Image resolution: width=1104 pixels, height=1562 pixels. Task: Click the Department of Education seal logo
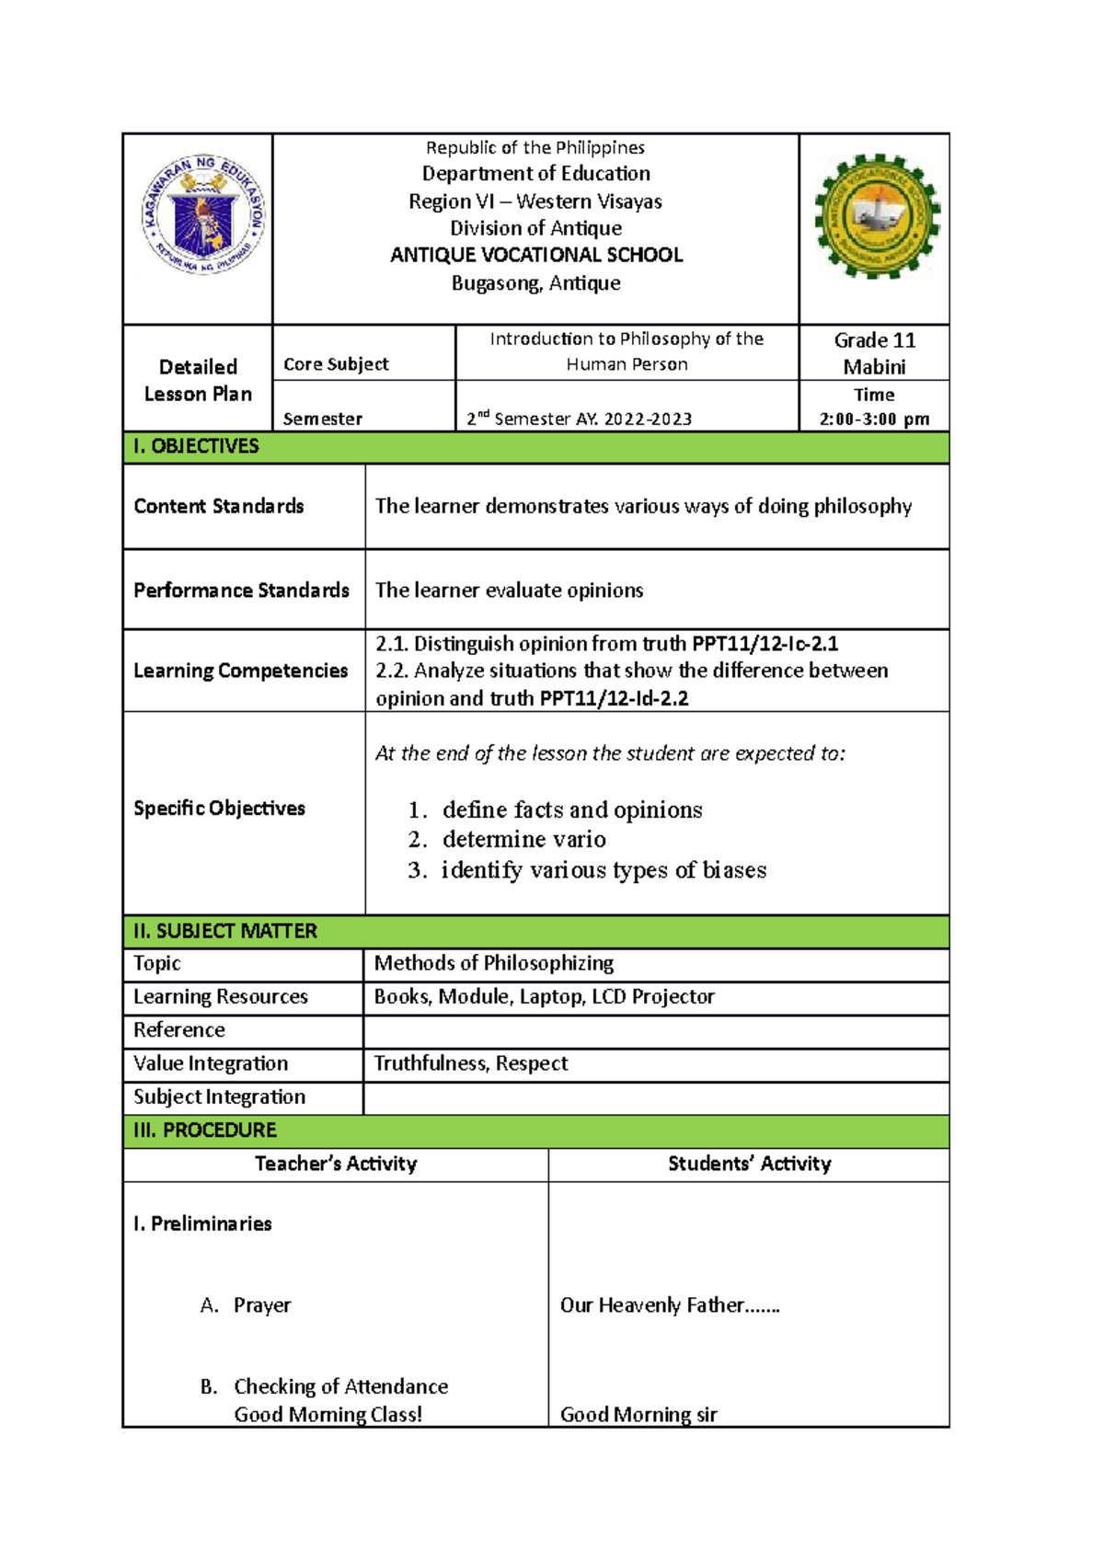pyautogui.click(x=203, y=214)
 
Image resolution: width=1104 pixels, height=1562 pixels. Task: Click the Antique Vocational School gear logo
pyautogui.click(x=877, y=216)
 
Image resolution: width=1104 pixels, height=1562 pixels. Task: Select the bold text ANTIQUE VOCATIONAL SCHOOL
pyautogui.click(x=535, y=255)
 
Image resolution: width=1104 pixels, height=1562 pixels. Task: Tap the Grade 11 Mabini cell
pyautogui.click(x=874, y=353)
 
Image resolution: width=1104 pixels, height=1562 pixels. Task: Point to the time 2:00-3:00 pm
pyautogui.click(x=874, y=419)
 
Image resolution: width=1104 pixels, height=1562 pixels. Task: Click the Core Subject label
pyautogui.click(x=336, y=364)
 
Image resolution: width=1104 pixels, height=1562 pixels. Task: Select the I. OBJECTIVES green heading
pyautogui.click(x=197, y=446)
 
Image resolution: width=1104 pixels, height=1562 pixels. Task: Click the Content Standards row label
pyautogui.click(x=219, y=506)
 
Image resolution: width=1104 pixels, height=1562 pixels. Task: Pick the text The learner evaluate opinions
pyautogui.click(x=509, y=590)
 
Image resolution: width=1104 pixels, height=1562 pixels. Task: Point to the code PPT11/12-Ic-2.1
pyautogui.click(x=765, y=643)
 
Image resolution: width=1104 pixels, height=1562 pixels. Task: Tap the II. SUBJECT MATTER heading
pyautogui.click(x=225, y=931)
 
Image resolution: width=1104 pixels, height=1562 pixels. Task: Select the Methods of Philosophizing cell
pyautogui.click(x=494, y=963)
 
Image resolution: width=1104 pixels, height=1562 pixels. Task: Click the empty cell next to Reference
pyautogui.click(x=655, y=1031)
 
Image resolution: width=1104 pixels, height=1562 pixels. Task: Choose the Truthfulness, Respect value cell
pyautogui.click(x=471, y=1063)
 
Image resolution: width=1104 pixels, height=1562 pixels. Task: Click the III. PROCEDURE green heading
pyautogui.click(x=205, y=1130)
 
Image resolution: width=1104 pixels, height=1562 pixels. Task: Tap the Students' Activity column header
pyautogui.click(x=749, y=1164)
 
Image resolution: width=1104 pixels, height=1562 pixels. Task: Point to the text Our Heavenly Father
pyautogui.click(x=669, y=1304)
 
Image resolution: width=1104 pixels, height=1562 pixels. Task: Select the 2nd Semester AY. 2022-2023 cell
pyautogui.click(x=580, y=419)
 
